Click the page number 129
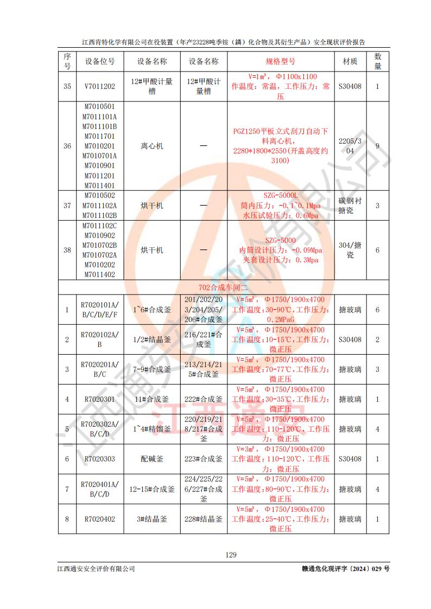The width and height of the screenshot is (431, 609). pyautogui.click(x=231, y=555)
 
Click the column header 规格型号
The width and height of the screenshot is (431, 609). pyautogui.click(x=281, y=62)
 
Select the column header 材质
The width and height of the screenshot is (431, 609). pyautogui.click(x=350, y=62)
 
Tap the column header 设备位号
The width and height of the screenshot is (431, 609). pyautogui.click(x=100, y=62)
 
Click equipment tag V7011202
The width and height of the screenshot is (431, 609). pyautogui.click(x=100, y=86)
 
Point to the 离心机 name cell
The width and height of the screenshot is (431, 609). pyautogui.click(x=152, y=146)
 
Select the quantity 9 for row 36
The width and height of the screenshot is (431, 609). pyautogui.click(x=377, y=146)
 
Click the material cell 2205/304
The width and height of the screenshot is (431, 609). pyautogui.click(x=350, y=146)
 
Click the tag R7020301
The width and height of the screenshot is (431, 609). pyautogui.click(x=100, y=400)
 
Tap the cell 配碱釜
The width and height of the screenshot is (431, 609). pyautogui.click(x=152, y=459)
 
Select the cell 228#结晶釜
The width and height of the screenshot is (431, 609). pyautogui.click(x=204, y=519)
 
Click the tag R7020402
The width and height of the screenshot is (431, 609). pyautogui.click(x=100, y=519)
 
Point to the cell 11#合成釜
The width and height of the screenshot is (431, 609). pyautogui.click(x=152, y=400)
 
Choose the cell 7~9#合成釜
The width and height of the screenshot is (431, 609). pyautogui.click(x=152, y=370)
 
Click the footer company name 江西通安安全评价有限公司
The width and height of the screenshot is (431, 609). pyautogui.click(x=96, y=569)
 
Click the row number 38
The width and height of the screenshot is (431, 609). pyautogui.click(x=67, y=251)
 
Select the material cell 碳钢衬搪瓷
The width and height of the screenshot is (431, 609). pyautogui.click(x=350, y=206)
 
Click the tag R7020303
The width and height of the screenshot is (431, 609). pyautogui.click(x=100, y=459)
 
